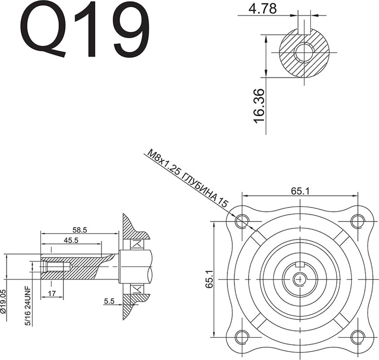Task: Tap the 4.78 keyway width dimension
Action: coord(262,9)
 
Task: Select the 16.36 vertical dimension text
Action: coord(259,106)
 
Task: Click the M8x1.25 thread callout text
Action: coord(188,178)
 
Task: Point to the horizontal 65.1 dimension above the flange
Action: coord(300,191)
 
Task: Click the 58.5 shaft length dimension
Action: coord(80,229)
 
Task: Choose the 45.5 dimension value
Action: coord(71,240)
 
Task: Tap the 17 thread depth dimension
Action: coord(52,293)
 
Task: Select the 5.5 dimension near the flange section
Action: coord(109,301)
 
